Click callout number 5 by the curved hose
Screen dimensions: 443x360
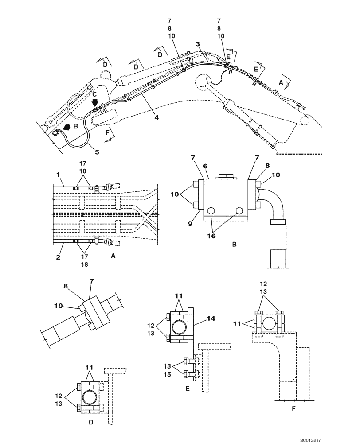(97, 151)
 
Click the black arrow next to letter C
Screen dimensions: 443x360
(94, 103)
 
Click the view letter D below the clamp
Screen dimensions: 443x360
(90, 422)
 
